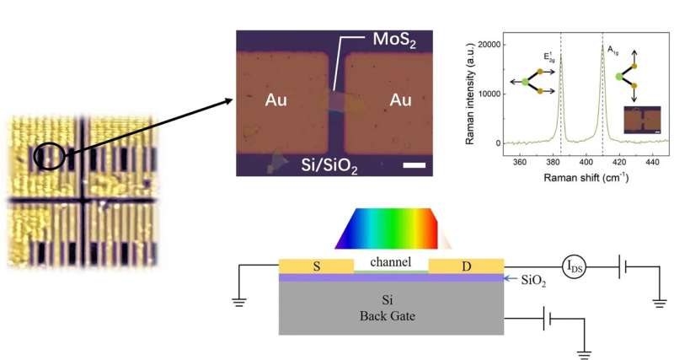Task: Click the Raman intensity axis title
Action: click(x=466, y=93)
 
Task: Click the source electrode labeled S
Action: click(x=317, y=266)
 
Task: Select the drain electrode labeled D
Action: click(x=466, y=266)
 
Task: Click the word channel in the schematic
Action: click(x=391, y=262)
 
